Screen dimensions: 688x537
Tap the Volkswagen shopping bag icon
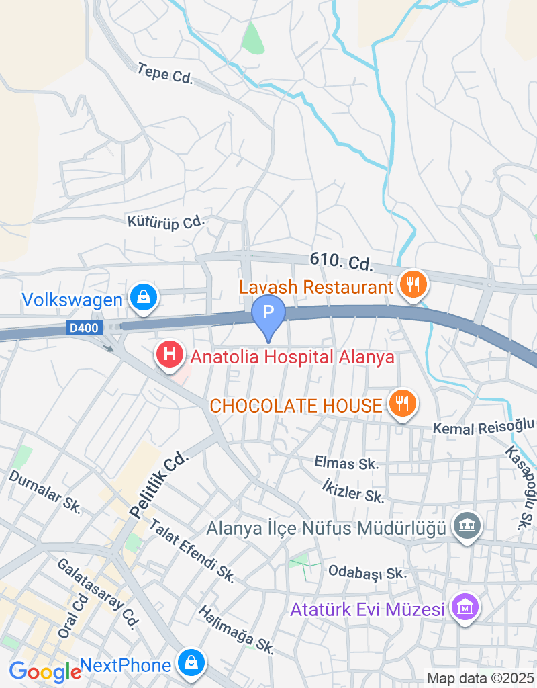click(143, 296)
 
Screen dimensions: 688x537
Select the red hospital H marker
click(169, 353)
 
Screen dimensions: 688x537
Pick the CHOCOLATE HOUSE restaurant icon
click(402, 403)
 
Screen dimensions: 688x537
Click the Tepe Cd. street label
click(164, 73)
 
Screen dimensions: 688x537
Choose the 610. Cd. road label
click(341, 261)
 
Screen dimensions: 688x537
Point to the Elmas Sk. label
click(346, 462)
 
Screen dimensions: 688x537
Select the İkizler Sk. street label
click(352, 491)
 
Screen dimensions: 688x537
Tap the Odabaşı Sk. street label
click(368, 572)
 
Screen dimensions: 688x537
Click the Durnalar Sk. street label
click(45, 491)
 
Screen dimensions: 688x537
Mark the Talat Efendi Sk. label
click(191, 550)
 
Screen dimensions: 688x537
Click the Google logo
click(44, 671)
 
